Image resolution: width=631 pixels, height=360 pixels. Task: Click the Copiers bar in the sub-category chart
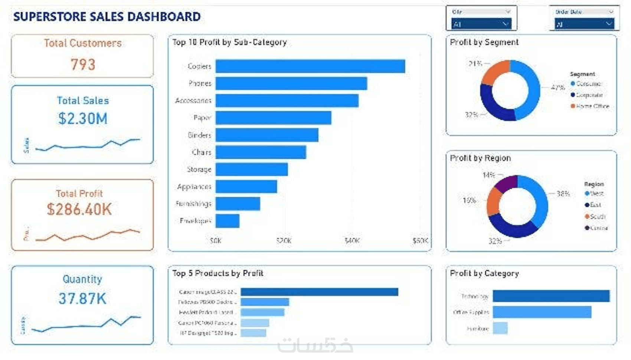point(310,66)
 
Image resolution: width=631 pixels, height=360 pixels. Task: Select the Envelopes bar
point(228,221)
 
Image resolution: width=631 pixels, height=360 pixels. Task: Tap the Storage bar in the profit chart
point(252,170)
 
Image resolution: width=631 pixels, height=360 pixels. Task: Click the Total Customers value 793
point(83,65)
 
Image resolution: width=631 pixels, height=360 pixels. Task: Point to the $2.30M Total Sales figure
point(83,119)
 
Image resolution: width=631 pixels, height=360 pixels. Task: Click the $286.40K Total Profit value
point(79,209)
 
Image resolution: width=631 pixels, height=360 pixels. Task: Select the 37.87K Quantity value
point(82,298)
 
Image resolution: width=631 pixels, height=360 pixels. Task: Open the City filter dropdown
point(481,24)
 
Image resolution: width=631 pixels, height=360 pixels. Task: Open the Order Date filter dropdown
point(584,24)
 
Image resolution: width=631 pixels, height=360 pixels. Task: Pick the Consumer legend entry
point(588,84)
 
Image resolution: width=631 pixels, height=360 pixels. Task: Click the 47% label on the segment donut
point(558,88)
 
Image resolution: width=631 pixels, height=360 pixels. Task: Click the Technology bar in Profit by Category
point(551,296)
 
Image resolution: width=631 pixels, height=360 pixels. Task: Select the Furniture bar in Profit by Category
point(500,328)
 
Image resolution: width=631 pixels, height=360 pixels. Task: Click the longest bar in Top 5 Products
point(319,292)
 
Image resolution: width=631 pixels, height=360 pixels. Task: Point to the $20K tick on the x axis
point(284,241)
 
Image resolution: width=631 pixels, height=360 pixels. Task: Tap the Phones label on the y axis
point(200,84)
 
